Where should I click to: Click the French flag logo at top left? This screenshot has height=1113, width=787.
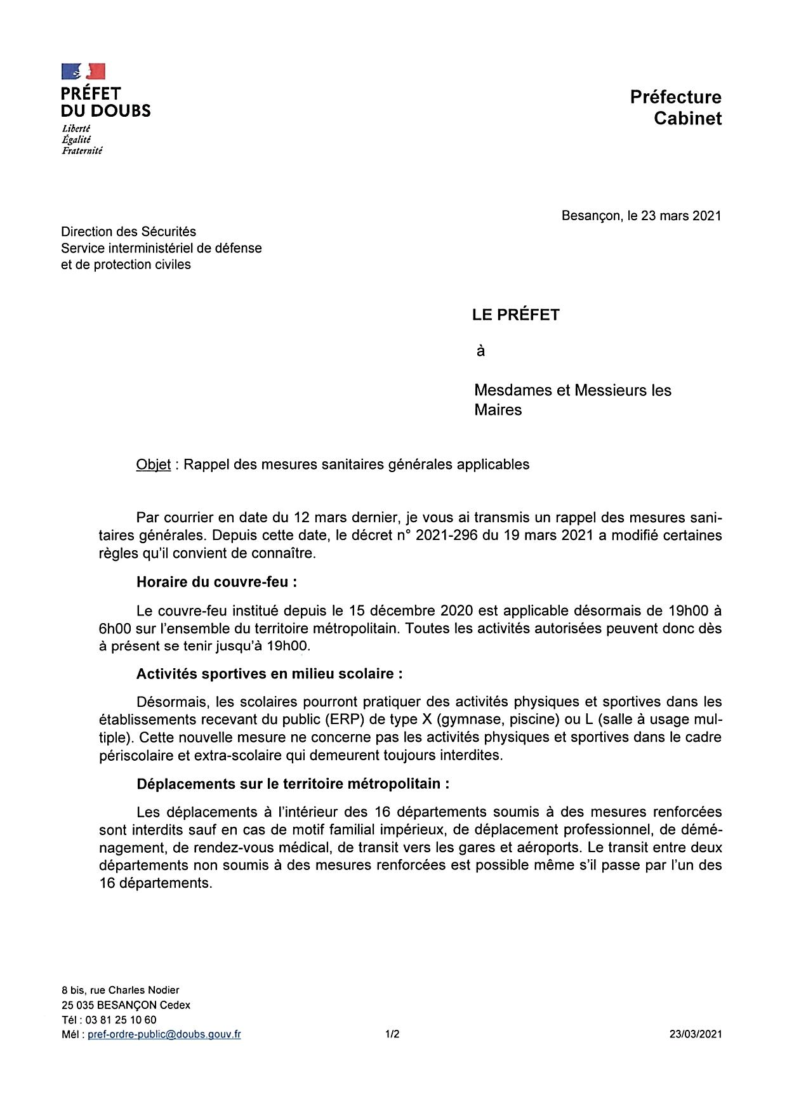(x=83, y=71)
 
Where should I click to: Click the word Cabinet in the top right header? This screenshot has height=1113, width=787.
(x=687, y=119)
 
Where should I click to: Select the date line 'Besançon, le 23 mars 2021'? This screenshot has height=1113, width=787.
(x=641, y=216)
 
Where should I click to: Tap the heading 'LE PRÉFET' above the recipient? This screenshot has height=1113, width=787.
(x=515, y=315)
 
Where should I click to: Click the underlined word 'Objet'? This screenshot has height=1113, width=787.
(x=153, y=464)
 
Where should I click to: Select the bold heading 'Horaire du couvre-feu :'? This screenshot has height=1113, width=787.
(x=216, y=582)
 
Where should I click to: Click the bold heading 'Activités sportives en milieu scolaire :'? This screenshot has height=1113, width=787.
(x=269, y=673)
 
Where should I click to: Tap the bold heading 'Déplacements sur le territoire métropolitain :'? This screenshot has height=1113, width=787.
(x=293, y=784)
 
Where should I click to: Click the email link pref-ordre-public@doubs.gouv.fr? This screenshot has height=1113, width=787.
(x=164, y=1034)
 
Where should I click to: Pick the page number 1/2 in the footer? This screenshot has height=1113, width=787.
(x=392, y=1034)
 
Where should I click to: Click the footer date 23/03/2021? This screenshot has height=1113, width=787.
(x=696, y=1034)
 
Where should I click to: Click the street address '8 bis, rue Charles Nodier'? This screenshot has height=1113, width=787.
(x=121, y=990)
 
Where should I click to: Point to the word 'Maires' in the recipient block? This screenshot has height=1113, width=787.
(x=498, y=410)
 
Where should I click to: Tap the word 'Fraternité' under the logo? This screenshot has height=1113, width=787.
(x=82, y=151)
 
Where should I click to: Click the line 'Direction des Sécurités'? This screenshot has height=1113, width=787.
(x=129, y=232)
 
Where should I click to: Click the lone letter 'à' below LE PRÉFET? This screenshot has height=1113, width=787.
(x=480, y=351)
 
